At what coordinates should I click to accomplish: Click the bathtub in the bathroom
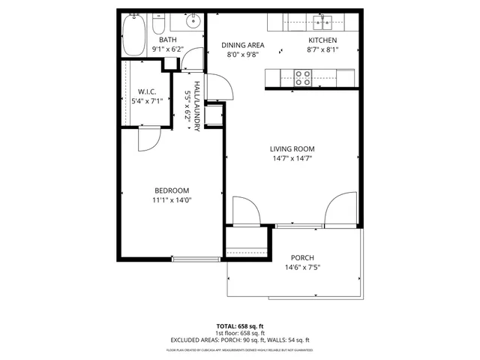pos(135,35)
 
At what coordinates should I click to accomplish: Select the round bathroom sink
pos(193,20)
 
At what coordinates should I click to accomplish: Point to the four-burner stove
pos(303,76)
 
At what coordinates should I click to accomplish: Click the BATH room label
pos(166,40)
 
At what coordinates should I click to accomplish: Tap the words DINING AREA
pos(243,44)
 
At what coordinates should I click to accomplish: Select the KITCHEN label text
pos(323,40)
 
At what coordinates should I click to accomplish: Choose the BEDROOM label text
pos(172,190)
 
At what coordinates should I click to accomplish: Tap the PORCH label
pos(302,257)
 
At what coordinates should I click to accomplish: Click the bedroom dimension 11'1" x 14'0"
pos(172,199)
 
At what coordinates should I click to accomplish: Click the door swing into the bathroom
pos(194,59)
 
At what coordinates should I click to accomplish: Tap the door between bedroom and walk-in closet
pos(148,137)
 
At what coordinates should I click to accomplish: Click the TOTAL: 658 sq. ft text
pos(239,327)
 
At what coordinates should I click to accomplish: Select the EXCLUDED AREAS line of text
pos(239,340)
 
